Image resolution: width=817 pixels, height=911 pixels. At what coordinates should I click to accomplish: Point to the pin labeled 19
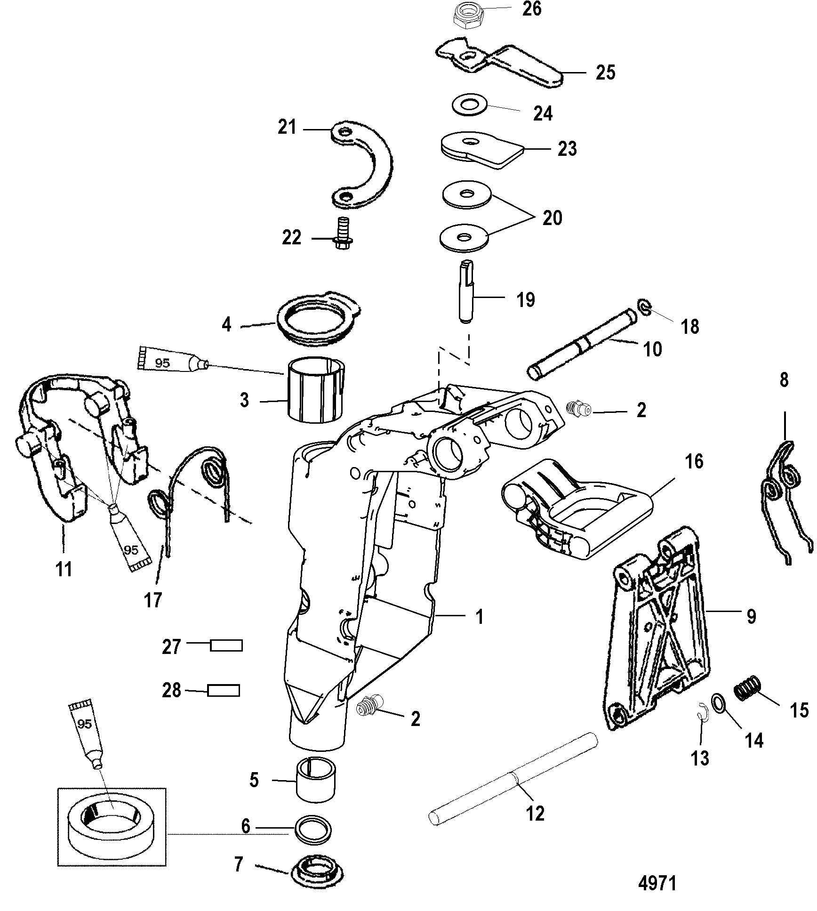[466, 292]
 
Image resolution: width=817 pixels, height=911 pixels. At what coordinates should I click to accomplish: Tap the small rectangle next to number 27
[226, 645]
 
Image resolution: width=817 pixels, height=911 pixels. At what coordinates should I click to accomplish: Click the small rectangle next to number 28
[224, 691]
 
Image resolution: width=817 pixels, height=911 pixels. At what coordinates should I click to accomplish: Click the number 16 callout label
[694, 462]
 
